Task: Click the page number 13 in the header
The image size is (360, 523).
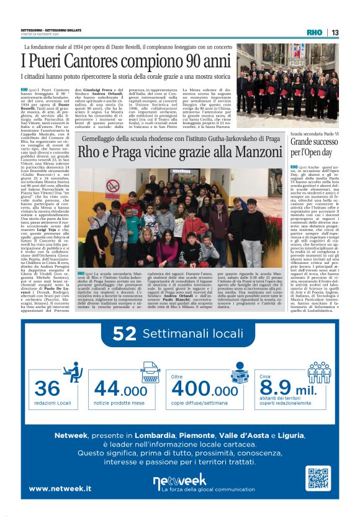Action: pyautogui.click(x=335, y=33)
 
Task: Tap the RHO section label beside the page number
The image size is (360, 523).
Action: pyautogui.click(x=316, y=33)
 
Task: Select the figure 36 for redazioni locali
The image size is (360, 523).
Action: pyautogui.click(x=47, y=388)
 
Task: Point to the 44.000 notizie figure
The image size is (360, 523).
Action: pyautogui.click(x=120, y=389)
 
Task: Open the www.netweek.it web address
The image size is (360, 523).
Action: pyautogui.click(x=61, y=489)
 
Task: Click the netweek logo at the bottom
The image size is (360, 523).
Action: pyautogui.click(x=179, y=480)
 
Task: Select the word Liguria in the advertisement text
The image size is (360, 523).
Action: pyautogui.click(x=290, y=435)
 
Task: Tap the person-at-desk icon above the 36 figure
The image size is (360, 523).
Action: pyautogui.click(x=73, y=372)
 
